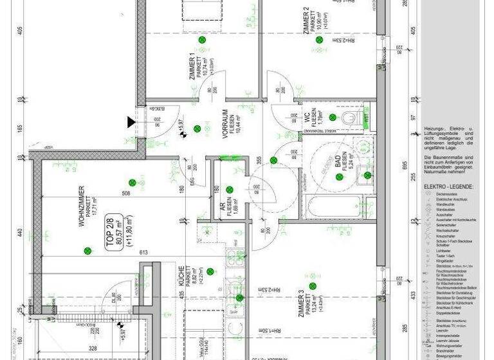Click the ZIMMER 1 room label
[x=192, y=67]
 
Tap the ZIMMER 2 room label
[x=307, y=20]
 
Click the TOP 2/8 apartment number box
[x=114, y=231]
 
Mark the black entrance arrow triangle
[x=132, y=121]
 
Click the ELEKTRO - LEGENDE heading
[x=448, y=186]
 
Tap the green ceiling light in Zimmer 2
[x=318, y=40]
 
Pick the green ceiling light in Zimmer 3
[x=240, y=298]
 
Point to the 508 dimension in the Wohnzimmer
[x=125, y=192]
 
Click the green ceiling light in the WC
[x=333, y=117]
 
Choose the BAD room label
[x=337, y=160]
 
